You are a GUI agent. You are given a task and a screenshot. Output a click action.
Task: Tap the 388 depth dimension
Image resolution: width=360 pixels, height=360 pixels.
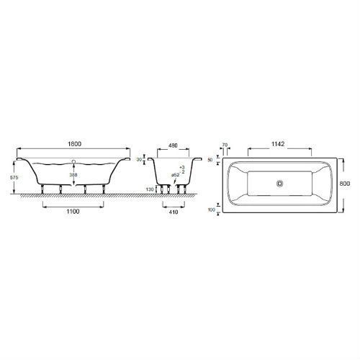coord(73,174)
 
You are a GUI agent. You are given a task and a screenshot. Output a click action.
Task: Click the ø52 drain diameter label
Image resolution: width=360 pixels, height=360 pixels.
coord(175,175)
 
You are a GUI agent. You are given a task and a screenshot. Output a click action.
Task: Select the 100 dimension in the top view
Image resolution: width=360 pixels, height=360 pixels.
coord(212,210)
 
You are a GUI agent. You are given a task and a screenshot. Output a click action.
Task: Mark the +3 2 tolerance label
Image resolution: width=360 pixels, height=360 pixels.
coord(184,170)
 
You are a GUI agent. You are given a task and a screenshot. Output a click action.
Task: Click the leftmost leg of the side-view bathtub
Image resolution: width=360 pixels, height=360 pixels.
coord(43,189)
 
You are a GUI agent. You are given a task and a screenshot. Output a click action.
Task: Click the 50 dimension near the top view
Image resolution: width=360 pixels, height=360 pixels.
coord(212,159)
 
